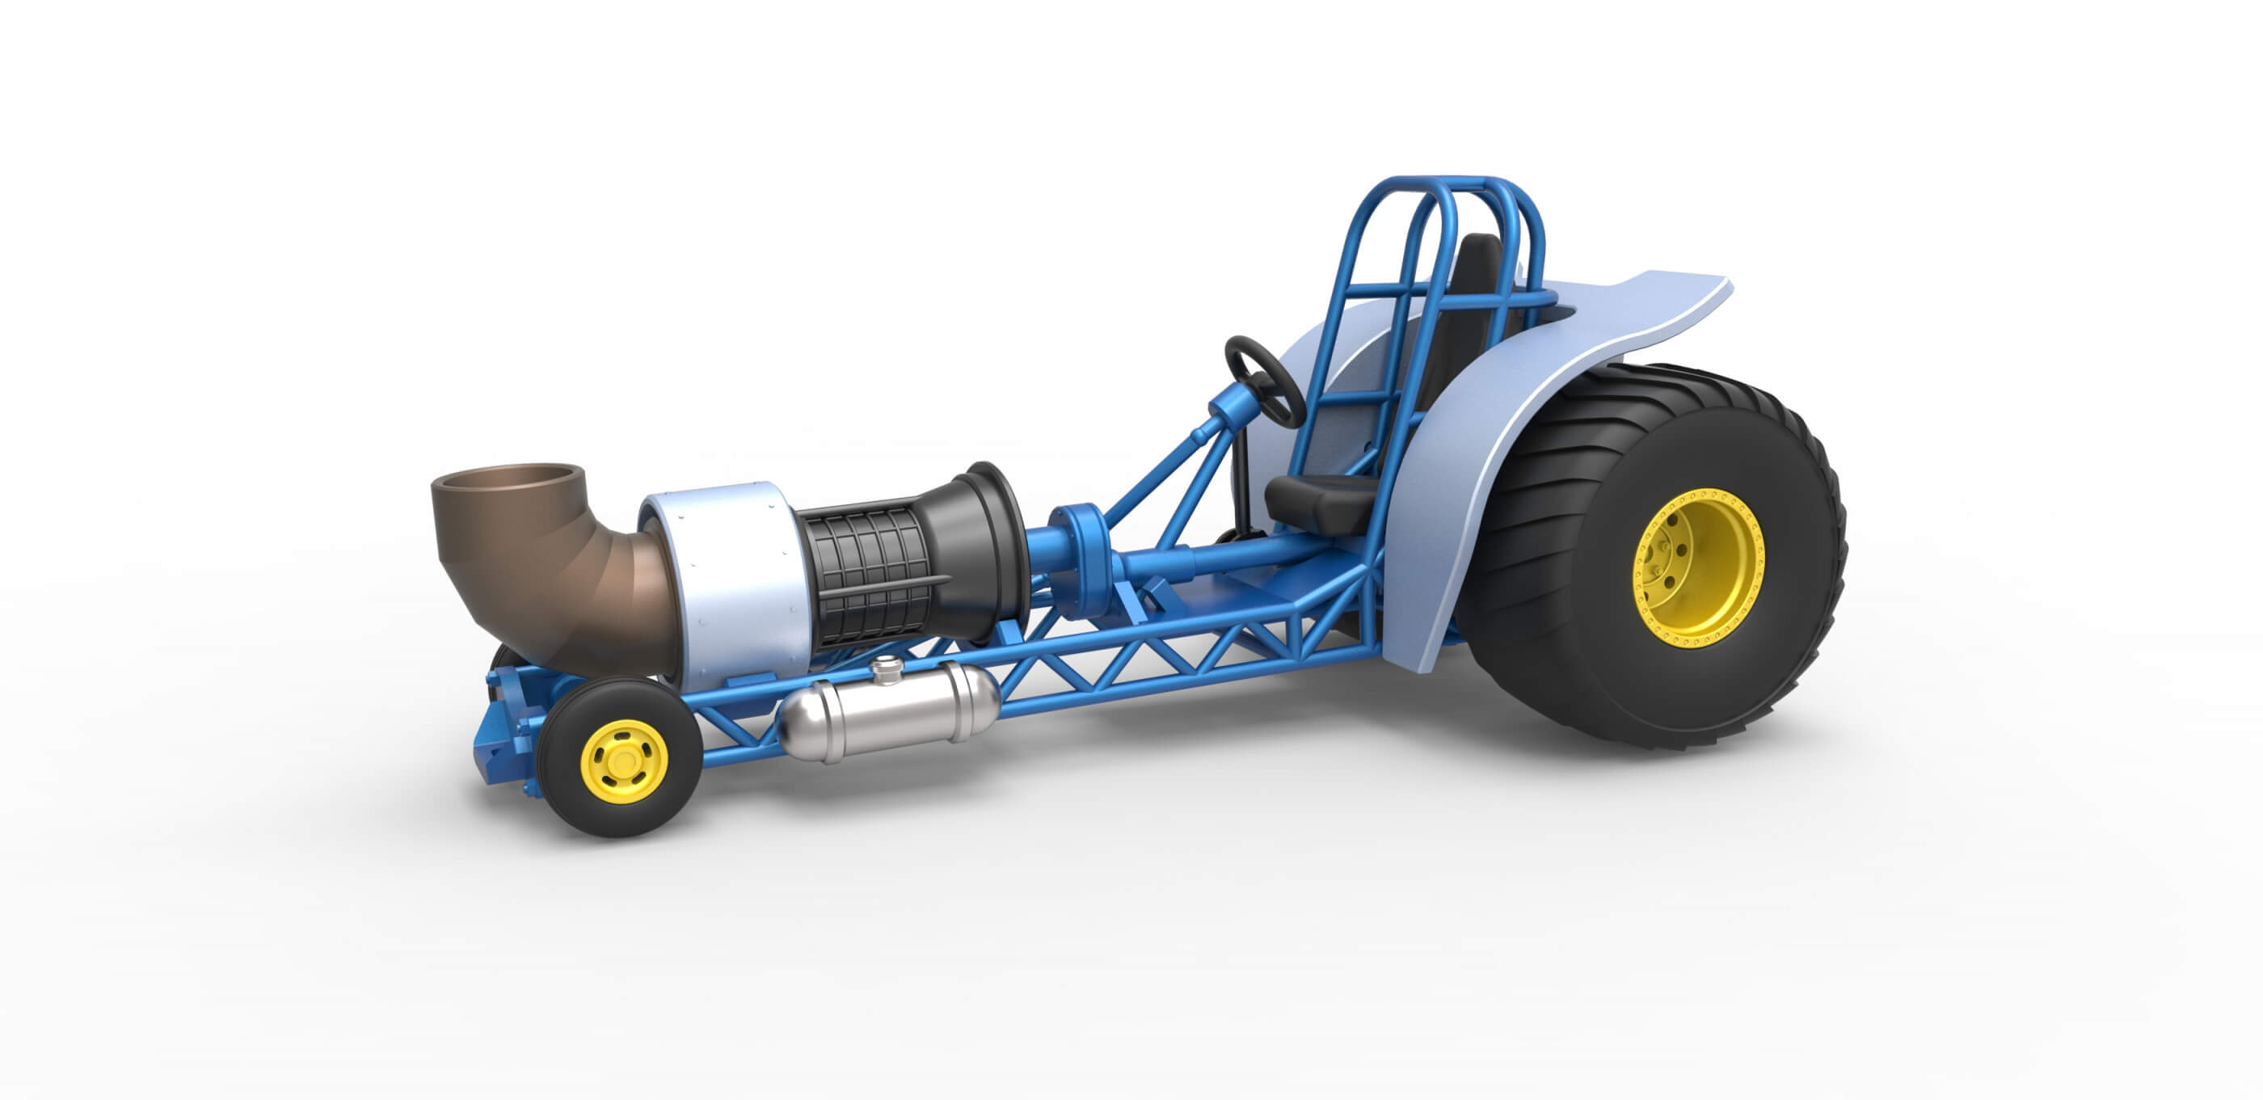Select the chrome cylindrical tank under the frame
(x=887, y=712)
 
